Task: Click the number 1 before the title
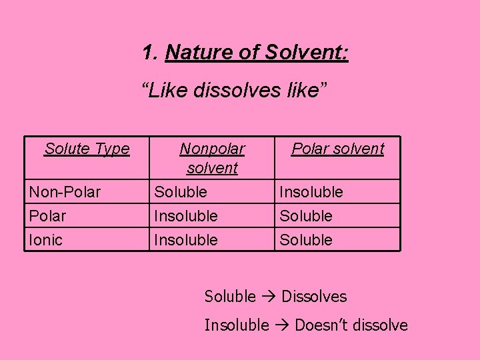click(x=149, y=52)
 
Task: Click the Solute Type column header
click(x=87, y=149)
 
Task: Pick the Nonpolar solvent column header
click(x=212, y=158)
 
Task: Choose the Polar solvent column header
click(x=337, y=149)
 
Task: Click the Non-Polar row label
click(x=65, y=193)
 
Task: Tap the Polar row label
click(x=47, y=216)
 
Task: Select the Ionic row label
click(x=45, y=240)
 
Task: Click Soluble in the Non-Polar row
click(x=180, y=193)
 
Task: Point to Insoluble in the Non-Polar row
click(x=311, y=193)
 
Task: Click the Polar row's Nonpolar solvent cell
click(x=185, y=216)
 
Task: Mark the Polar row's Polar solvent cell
click(x=305, y=216)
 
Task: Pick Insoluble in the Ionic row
click(x=185, y=240)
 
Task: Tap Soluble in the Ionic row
click(x=305, y=240)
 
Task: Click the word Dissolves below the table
click(x=314, y=297)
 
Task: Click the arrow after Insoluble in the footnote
click(x=282, y=325)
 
